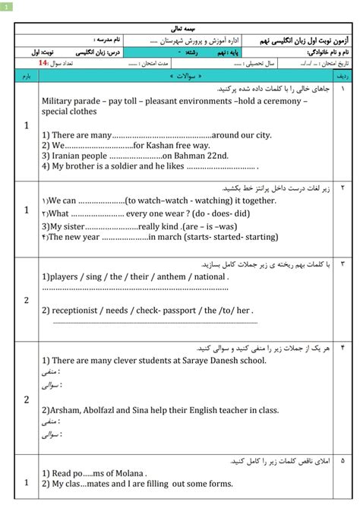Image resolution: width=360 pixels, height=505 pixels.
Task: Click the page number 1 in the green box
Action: [6, 7]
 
